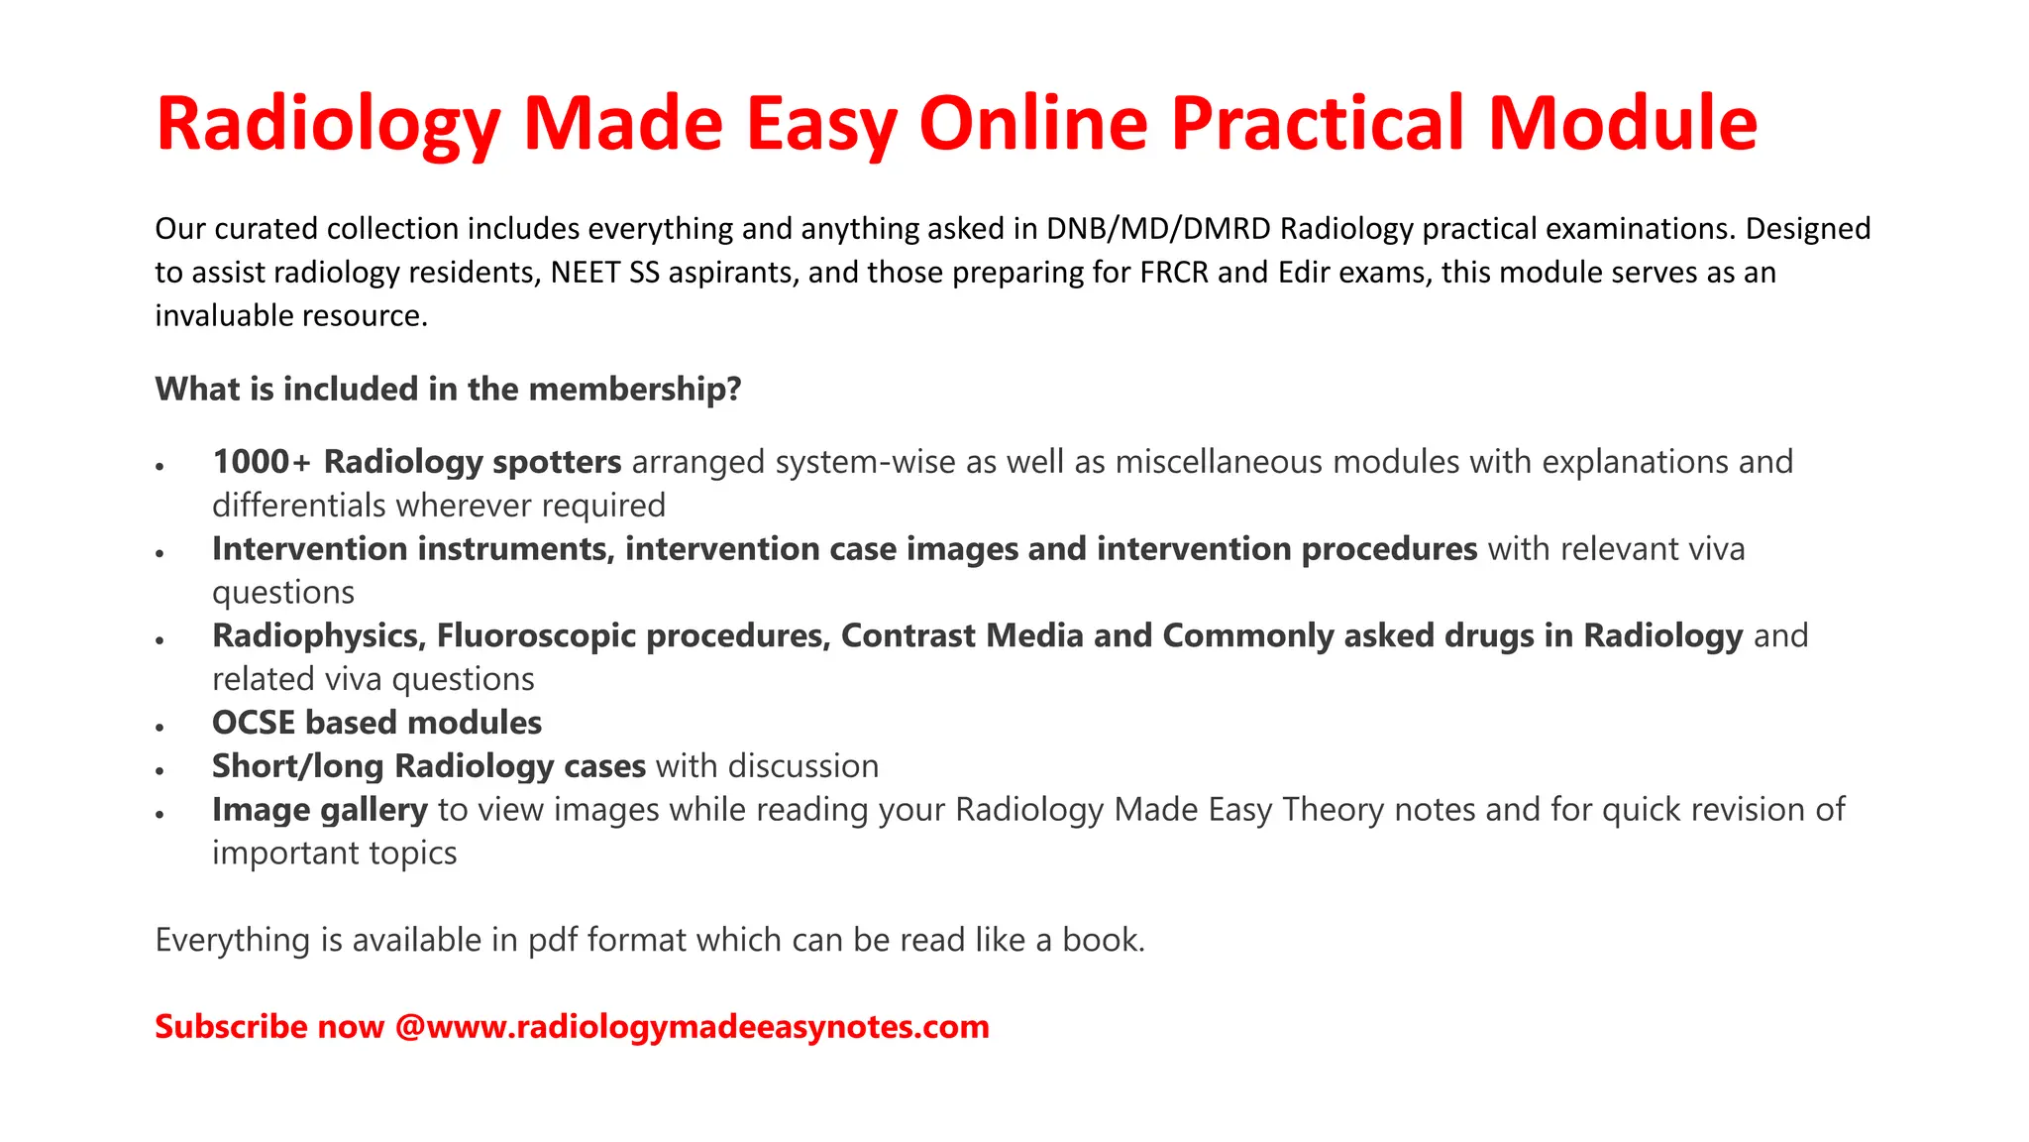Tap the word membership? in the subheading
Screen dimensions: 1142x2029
tap(635, 389)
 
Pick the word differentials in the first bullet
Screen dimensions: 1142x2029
tap(299, 506)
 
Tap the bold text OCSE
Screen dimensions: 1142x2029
tap(254, 723)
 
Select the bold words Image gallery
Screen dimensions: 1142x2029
tap(319, 810)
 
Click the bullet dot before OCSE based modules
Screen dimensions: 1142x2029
tap(160, 727)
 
